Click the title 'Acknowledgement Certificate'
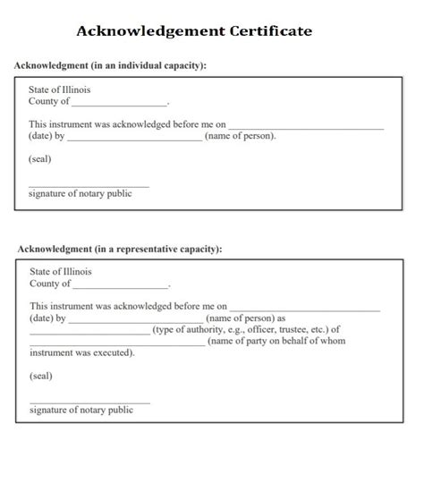point(194,31)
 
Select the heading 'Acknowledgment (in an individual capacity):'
point(111,66)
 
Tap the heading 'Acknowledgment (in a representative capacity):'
point(119,249)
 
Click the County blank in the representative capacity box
point(121,286)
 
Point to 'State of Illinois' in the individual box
point(59,89)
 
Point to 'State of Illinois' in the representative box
point(60,271)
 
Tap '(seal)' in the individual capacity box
point(40,159)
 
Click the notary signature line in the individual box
point(89,186)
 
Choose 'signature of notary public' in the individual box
point(80,194)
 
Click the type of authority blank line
point(89,332)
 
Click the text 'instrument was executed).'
point(82,353)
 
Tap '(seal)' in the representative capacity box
point(41,376)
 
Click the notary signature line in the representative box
point(89,403)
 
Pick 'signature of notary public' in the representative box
point(81,411)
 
